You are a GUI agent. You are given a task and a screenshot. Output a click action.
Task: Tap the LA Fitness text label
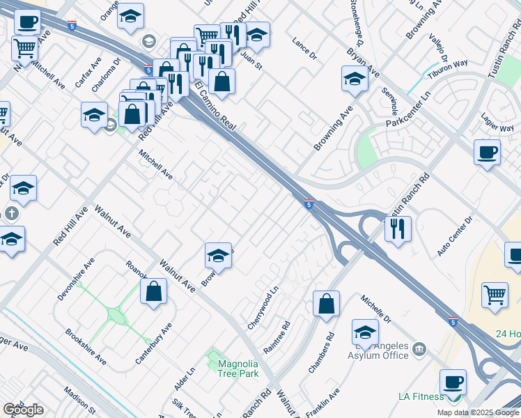pyautogui.click(x=421, y=397)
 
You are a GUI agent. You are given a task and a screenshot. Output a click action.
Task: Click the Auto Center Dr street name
pyautogui.click(x=455, y=236)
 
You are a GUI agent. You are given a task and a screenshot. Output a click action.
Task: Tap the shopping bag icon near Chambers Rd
pyautogui.click(x=326, y=303)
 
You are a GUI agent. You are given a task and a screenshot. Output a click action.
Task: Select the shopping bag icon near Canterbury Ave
pyautogui.click(x=154, y=291)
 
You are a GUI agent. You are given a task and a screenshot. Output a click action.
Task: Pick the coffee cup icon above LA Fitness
pyautogui.click(x=453, y=382)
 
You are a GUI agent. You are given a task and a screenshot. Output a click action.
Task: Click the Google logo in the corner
pyautogui.click(x=23, y=409)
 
